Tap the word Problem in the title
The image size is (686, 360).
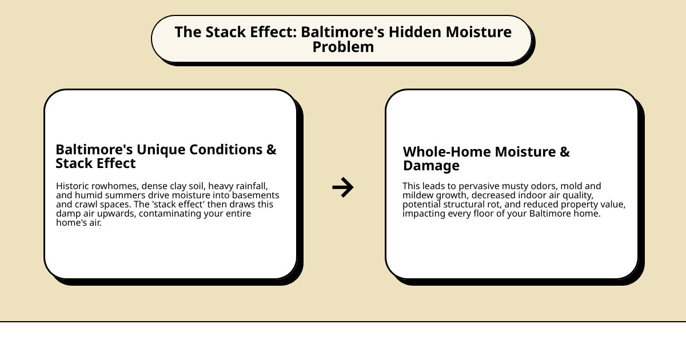coord(343,47)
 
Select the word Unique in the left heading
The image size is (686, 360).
coord(161,150)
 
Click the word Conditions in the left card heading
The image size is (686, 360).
coord(226,149)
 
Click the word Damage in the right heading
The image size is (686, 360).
coord(431,166)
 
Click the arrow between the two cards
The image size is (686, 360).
coord(343,187)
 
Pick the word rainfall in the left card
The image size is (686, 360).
coord(252,186)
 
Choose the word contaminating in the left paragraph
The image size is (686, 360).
coord(170,214)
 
